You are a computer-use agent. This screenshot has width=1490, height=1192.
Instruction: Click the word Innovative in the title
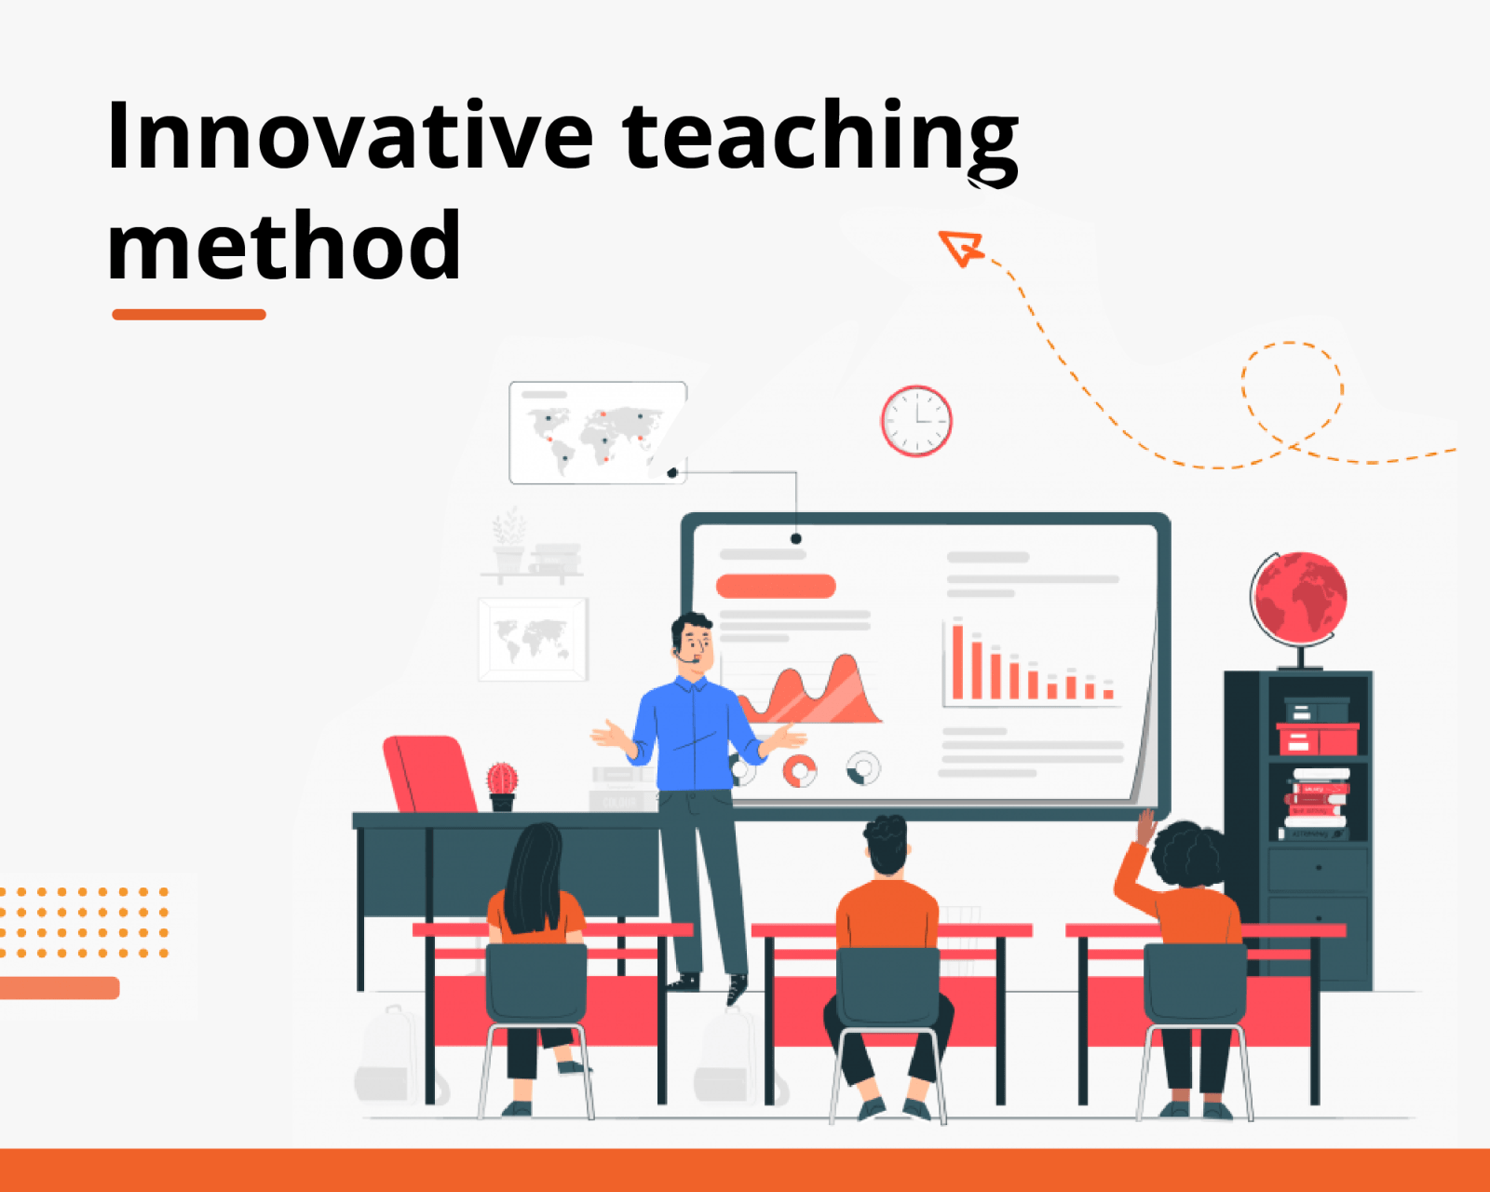click(350, 134)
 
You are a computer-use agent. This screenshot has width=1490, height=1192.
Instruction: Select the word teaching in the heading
click(820, 142)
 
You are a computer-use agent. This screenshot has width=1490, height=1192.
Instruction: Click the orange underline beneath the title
click(189, 315)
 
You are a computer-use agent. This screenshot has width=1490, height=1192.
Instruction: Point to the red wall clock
click(916, 421)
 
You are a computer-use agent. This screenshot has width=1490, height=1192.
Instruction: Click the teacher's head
click(692, 643)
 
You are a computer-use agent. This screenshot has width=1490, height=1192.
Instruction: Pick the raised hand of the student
click(1146, 826)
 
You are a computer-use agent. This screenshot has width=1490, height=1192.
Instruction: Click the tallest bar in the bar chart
click(958, 661)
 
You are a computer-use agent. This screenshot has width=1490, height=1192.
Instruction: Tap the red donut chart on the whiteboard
click(800, 770)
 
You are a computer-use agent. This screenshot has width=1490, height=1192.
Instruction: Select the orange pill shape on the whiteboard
click(776, 586)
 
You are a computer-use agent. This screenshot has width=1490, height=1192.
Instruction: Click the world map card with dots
click(598, 432)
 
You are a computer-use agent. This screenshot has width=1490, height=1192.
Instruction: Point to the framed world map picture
click(533, 639)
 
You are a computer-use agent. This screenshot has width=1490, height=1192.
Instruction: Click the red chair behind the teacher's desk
click(429, 774)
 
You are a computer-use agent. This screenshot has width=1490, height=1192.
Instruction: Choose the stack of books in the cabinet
click(1316, 804)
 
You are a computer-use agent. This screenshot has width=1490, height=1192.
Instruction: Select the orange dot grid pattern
click(84, 923)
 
